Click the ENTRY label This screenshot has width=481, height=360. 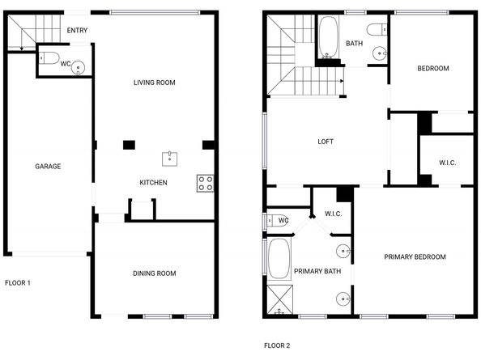(78, 31)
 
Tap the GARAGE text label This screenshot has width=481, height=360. (48, 166)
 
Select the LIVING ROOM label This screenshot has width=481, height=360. (154, 83)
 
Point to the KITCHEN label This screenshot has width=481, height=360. (153, 183)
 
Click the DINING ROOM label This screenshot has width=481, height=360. (154, 273)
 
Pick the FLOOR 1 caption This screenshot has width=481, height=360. (18, 283)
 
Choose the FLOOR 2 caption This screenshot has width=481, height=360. (277, 345)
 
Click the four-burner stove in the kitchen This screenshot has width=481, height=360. (205, 184)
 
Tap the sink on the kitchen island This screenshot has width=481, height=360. (170, 157)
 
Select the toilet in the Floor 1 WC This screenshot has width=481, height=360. (49, 58)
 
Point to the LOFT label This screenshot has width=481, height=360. (326, 142)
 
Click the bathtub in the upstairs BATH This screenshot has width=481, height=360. (328, 37)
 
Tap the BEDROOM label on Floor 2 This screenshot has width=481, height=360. (432, 69)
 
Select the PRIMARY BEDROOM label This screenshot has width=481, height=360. (415, 257)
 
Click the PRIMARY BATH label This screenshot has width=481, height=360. (317, 272)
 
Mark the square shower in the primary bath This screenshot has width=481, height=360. (280, 300)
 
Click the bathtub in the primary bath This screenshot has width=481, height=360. (280, 258)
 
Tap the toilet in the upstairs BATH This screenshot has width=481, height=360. (375, 31)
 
